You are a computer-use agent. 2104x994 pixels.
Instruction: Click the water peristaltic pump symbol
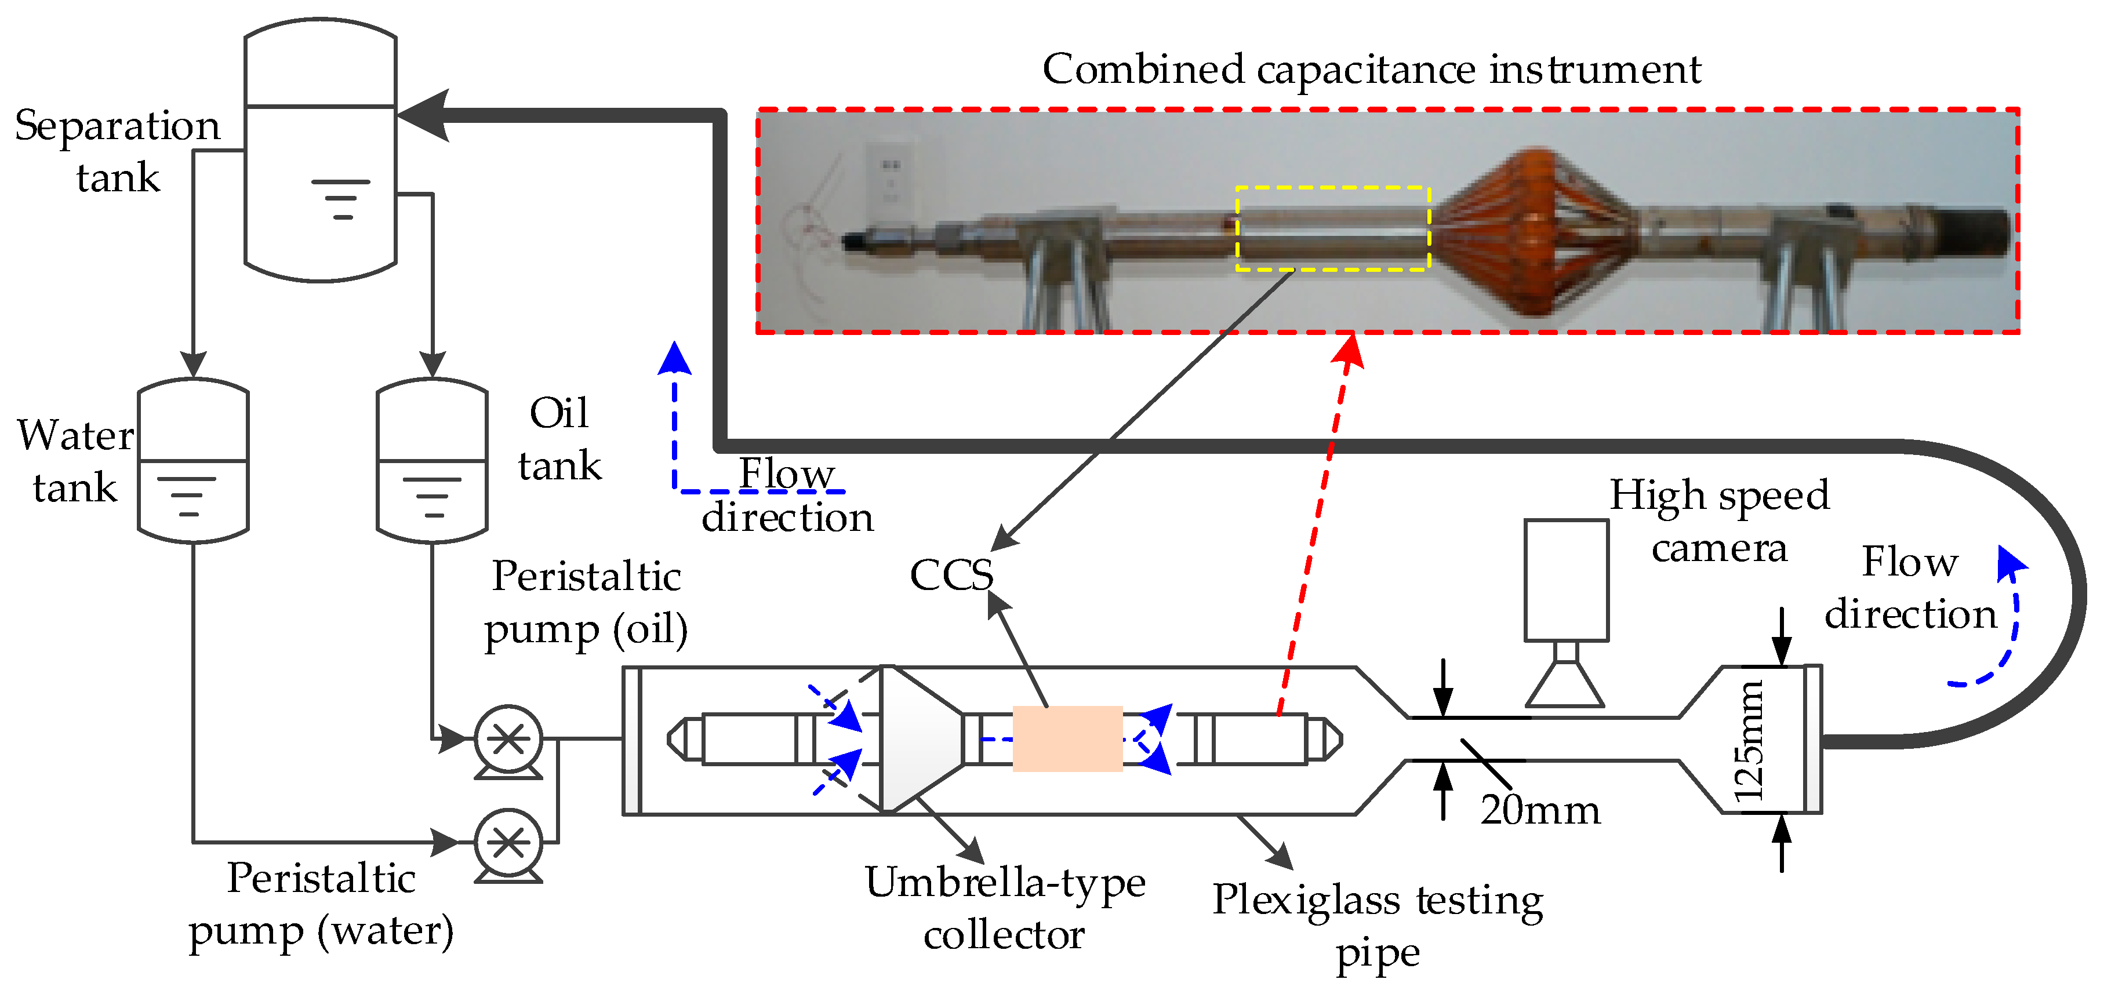[508, 843]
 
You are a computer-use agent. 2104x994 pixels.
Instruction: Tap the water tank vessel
[192, 461]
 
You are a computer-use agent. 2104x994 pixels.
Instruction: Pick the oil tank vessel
[431, 461]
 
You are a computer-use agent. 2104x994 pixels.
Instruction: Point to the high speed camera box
[1566, 580]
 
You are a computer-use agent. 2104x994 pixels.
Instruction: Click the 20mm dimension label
[1540, 810]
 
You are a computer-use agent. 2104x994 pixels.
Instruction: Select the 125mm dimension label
[1749, 741]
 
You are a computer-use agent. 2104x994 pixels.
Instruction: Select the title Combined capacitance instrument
[1371, 70]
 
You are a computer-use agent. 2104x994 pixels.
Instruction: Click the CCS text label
[951, 575]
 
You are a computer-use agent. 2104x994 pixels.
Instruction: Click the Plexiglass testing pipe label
[1377, 926]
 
